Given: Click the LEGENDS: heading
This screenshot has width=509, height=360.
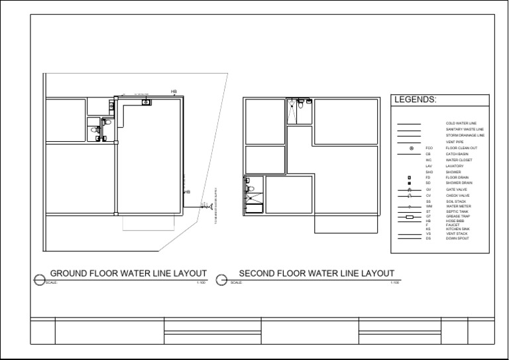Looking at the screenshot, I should coord(416,100).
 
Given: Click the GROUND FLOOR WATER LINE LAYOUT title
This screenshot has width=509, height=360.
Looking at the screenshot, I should coord(129,273).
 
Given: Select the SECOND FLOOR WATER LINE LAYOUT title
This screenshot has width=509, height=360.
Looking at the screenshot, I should coord(316,273).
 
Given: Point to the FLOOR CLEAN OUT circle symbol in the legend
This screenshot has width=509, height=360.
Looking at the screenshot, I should coord(411,148).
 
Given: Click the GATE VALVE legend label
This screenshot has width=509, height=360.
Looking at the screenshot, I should coord(457,190).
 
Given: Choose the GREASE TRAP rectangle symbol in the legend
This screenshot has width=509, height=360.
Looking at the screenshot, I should coord(409,217).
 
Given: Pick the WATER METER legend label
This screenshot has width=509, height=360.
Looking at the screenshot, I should coord(458,206).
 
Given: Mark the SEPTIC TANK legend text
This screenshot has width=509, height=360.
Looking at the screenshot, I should coord(457,211).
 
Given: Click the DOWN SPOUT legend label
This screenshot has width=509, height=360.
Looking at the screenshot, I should coord(457,237).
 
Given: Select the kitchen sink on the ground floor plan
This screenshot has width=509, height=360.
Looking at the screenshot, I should coord(145,102).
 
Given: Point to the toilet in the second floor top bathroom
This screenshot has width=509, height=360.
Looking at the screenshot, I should coord(300,103).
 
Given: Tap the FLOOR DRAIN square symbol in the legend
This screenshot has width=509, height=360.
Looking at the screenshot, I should coord(410,178).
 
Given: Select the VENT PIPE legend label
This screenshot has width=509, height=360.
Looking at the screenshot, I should coord(455,141).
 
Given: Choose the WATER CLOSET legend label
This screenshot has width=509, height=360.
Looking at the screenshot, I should coord(458,160).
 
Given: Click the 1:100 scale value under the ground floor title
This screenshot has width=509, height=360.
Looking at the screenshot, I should coord(201,282).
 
